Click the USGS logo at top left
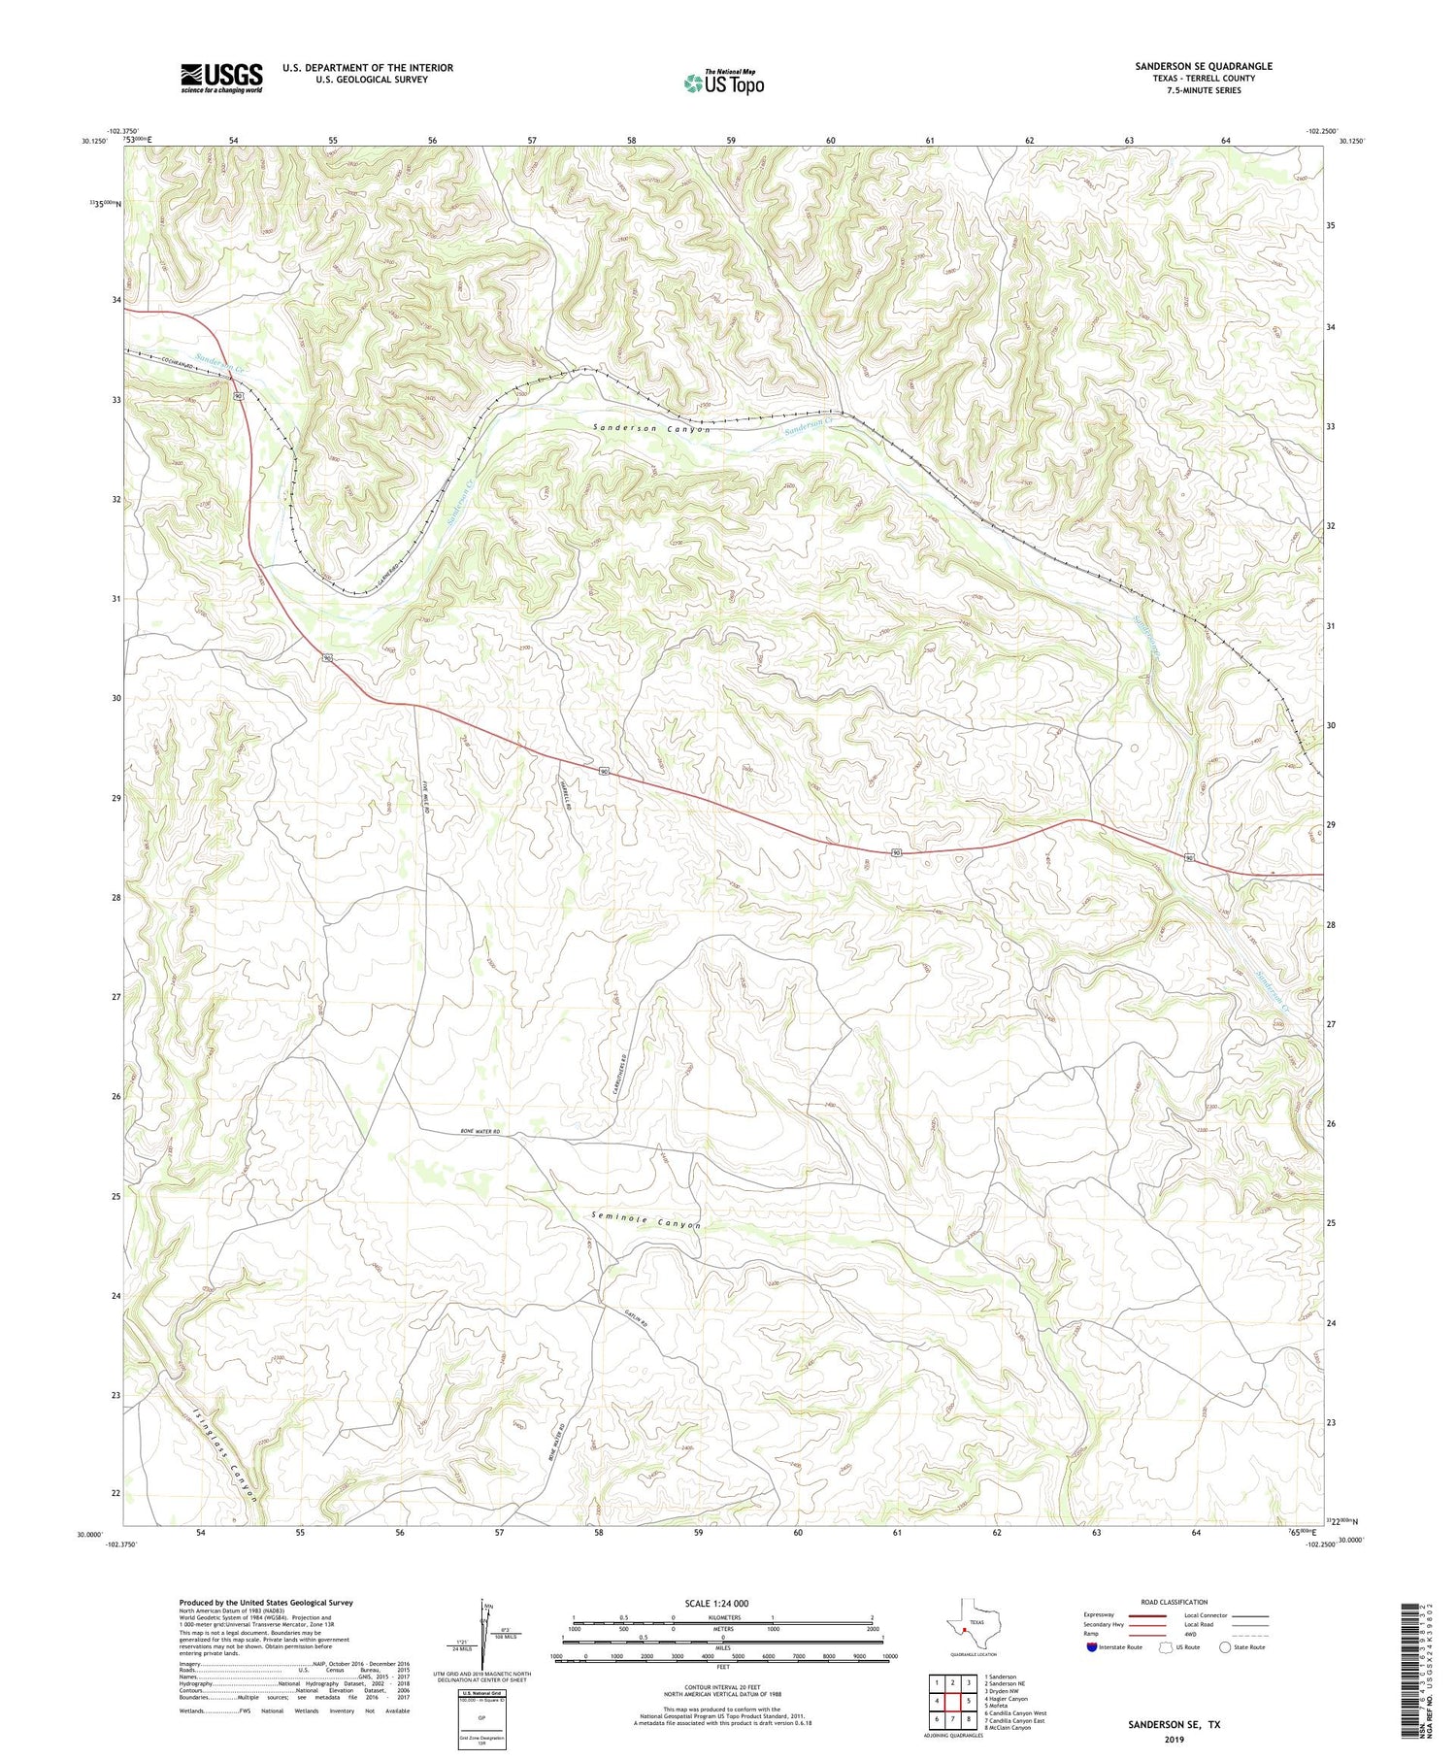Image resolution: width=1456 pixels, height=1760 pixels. [221, 78]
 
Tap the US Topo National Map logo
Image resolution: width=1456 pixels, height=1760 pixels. [723, 83]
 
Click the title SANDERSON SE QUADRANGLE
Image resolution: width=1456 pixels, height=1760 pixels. [1204, 66]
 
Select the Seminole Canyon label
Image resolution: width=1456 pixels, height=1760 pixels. [645, 1220]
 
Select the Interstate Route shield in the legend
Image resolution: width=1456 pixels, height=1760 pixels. [1092, 1647]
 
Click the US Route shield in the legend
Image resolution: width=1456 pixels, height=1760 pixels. [1166, 1647]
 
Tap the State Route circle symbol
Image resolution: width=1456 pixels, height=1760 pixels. [1226, 1647]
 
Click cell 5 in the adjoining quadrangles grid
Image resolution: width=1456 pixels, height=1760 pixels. [968, 1701]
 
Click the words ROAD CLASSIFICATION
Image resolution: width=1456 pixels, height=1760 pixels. [1175, 1603]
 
